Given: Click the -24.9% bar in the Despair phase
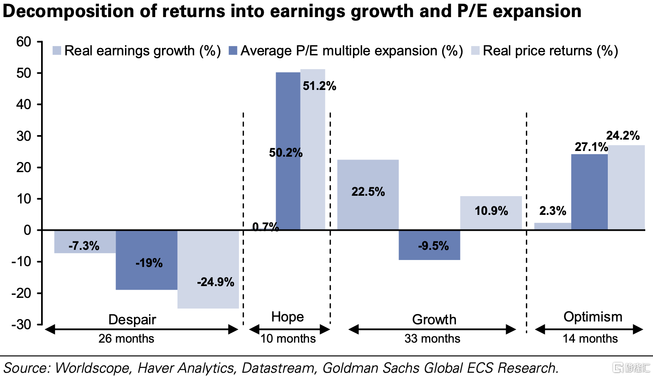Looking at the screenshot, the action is point(208,269).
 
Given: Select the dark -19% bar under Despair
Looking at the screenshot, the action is point(146,260).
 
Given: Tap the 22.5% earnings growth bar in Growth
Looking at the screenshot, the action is point(368,195).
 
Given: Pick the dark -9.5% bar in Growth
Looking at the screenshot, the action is point(429,245).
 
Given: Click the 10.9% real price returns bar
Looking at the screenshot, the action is point(491,213).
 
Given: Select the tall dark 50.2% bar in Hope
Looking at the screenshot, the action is point(288,151).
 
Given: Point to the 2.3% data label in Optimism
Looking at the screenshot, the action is point(552,210).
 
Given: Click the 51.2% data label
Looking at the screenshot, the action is point(319,86).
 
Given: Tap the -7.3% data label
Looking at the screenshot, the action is point(84,246).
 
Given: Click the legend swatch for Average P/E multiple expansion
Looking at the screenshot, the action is point(233,50).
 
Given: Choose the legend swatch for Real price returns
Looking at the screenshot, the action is point(475,50).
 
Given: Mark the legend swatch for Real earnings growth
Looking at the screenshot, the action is point(57,50).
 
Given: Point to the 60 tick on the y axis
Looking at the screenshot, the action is point(24,42).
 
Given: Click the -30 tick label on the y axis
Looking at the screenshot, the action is point(21,324).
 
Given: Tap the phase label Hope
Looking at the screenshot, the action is point(287,317).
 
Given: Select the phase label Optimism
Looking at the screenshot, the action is point(593,317).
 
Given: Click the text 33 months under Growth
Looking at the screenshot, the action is point(432,339).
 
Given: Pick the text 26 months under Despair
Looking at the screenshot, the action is point(126,339).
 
